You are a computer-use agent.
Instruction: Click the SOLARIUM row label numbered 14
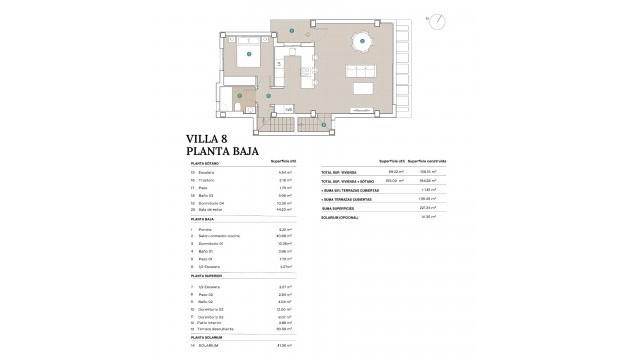coord(215,346)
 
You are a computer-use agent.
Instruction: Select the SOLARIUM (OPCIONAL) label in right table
coord(343,216)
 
